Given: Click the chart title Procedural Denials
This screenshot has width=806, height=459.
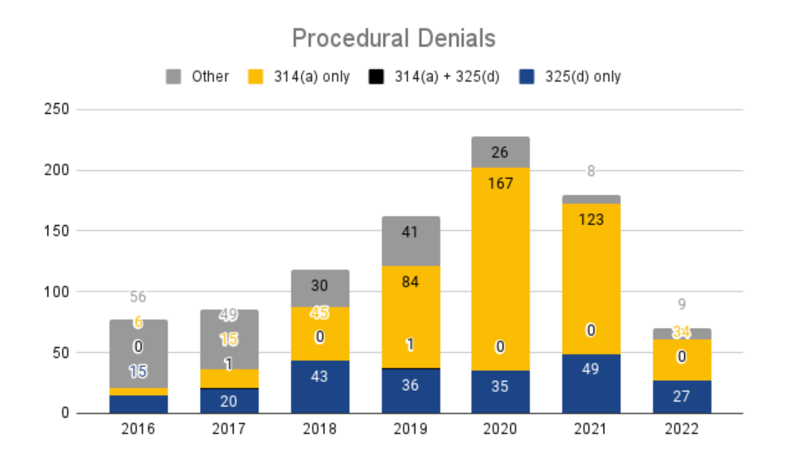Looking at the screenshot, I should point(393,38).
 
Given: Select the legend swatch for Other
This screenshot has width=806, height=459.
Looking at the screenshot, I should point(173,77).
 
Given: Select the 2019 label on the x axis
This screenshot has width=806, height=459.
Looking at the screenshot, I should point(410,430).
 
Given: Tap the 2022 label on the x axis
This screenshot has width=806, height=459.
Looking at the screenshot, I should point(682,430).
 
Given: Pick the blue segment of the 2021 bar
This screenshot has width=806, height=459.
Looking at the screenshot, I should point(591,383).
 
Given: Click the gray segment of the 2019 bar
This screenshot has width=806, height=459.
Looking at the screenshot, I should point(410,242).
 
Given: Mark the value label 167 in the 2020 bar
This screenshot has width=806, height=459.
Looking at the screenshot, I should point(500,183).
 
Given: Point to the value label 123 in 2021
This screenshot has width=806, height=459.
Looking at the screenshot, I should point(591,220).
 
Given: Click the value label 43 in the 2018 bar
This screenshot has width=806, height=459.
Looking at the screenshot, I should point(319,376).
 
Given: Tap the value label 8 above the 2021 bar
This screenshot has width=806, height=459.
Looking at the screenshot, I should point(591,172).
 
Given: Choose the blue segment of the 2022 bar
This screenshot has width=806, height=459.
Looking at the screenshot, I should point(682,397).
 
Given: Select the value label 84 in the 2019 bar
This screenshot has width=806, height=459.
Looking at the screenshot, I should point(410,282).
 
